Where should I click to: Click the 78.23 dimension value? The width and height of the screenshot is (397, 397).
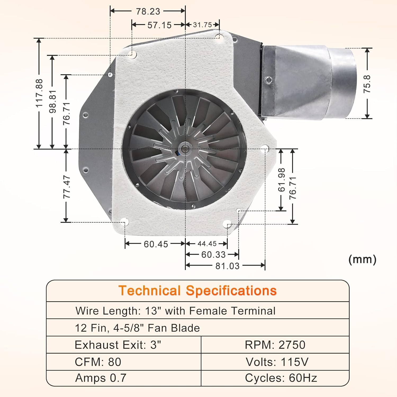click(x=148, y=11)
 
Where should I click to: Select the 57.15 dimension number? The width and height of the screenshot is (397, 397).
click(x=160, y=25)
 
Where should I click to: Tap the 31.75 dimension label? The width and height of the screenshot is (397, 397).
click(x=202, y=25)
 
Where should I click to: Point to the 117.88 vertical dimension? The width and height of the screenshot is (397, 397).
click(x=39, y=93)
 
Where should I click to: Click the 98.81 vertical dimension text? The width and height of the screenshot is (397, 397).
click(x=53, y=101)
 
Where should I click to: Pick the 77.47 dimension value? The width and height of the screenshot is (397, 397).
click(x=66, y=187)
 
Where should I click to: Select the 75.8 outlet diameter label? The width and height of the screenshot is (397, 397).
click(x=367, y=84)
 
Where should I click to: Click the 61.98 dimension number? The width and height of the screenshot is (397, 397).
click(x=281, y=180)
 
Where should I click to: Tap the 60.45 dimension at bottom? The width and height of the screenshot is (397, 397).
click(x=156, y=244)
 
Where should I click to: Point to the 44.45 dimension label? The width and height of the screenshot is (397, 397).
click(x=207, y=243)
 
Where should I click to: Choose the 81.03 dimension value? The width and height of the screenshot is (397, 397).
click(x=227, y=266)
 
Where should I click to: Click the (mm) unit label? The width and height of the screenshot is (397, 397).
click(x=362, y=259)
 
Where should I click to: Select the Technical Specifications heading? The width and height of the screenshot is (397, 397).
click(x=197, y=291)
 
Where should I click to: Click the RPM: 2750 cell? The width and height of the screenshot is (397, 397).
click(x=275, y=345)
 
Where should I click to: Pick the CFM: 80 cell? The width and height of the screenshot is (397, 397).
click(x=98, y=362)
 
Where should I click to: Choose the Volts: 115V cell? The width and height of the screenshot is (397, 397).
click(x=277, y=362)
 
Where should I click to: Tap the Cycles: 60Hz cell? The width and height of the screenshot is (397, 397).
click(x=281, y=378)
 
